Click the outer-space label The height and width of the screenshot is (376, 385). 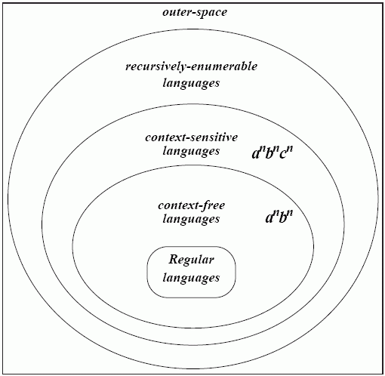[x=195, y=13]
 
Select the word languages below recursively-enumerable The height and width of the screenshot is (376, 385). [x=191, y=83]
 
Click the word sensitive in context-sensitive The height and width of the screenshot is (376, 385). [x=214, y=137]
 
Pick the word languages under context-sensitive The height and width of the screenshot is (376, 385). [x=191, y=151]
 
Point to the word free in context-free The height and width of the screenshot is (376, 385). [x=214, y=205]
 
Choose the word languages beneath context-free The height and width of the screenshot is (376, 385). [x=191, y=219]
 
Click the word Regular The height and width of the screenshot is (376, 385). [x=191, y=260]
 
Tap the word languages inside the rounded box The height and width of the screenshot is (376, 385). [x=191, y=278]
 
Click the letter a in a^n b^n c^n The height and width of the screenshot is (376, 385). [x=255, y=154]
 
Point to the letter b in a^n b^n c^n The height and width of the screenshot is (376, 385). [x=269, y=153]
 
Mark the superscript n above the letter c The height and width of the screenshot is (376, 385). [x=290, y=149]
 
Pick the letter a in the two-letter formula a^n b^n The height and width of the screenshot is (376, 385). [x=269, y=218]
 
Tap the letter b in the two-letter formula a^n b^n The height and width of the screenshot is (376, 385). [x=283, y=217]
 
